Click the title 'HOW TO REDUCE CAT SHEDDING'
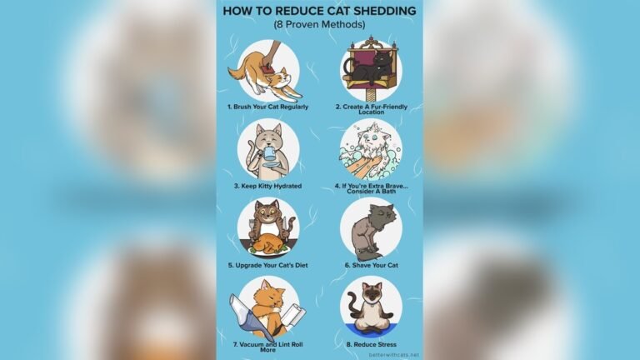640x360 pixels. pyautogui.click(x=319, y=11)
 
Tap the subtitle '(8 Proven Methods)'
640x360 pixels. pyautogui.click(x=319, y=24)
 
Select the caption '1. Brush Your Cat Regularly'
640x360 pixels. pyautogui.click(x=267, y=107)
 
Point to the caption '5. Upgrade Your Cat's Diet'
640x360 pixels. pyautogui.click(x=267, y=265)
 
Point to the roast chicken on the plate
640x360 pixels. pyautogui.click(x=268, y=242)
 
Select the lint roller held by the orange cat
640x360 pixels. pyautogui.click(x=294, y=316)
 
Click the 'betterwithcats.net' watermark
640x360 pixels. pyautogui.click(x=393, y=354)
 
